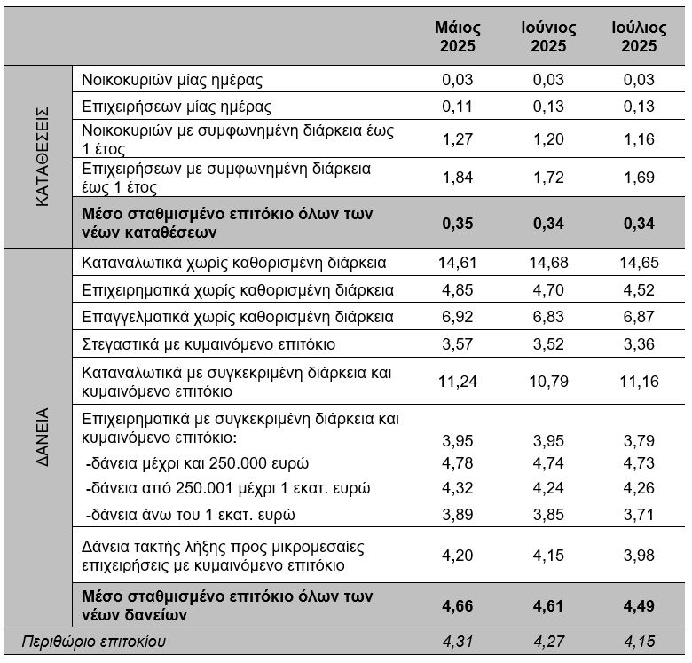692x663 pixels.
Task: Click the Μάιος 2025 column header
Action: [457, 36]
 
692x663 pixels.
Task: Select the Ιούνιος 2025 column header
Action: [548, 36]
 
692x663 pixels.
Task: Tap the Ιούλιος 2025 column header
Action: [639, 36]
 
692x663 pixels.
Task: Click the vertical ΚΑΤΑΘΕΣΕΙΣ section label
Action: [42, 157]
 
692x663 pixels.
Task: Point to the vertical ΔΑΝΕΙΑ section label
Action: [42, 438]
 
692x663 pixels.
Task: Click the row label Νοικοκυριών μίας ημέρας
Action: [172, 81]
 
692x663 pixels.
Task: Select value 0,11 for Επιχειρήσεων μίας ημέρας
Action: [457, 107]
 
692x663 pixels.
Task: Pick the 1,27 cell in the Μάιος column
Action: [457, 139]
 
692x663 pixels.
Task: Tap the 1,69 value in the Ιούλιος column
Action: [639, 178]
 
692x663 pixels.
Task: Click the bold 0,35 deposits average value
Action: [457, 224]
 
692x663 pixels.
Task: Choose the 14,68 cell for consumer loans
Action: [548, 263]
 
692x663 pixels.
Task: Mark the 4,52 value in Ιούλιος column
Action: [639, 290]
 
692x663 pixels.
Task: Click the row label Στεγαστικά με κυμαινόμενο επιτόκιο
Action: [208, 344]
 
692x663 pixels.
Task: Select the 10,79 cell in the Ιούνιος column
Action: [548, 382]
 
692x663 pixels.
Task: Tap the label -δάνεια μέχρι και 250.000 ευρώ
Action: [197, 463]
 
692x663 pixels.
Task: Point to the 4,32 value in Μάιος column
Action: [457, 488]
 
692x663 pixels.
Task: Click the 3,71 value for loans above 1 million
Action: [639, 515]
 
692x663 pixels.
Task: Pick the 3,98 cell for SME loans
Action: [639, 556]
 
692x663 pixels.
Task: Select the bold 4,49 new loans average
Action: [639, 606]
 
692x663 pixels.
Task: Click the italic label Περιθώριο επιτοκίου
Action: [94, 642]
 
